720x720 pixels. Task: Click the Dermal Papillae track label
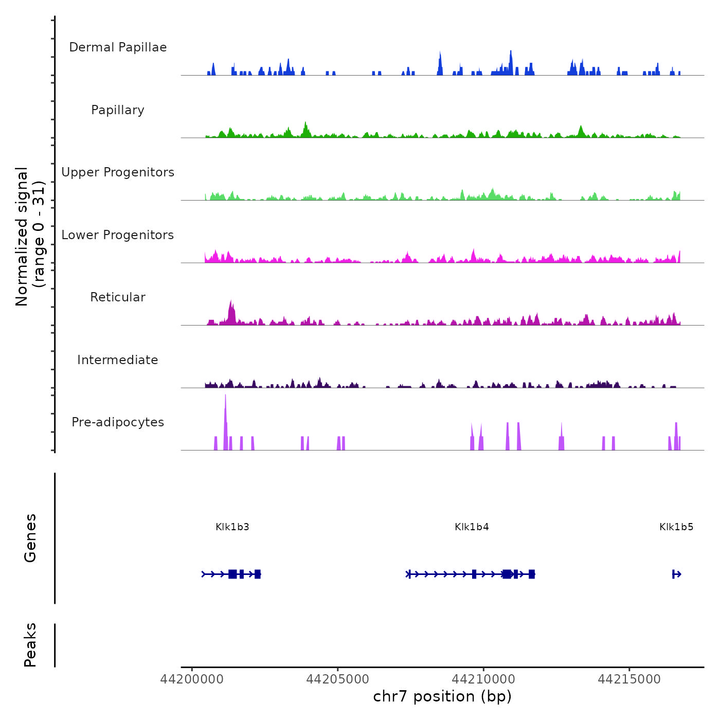click(x=118, y=47)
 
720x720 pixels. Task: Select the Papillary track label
click(x=118, y=110)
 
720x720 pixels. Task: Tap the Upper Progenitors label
click(x=118, y=172)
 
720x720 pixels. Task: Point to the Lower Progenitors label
click(x=118, y=235)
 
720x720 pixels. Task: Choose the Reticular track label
click(x=118, y=297)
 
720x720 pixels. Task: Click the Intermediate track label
click(x=118, y=360)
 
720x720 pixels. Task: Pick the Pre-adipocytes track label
click(x=118, y=422)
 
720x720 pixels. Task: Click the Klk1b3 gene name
click(x=232, y=527)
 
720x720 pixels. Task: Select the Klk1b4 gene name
click(x=472, y=527)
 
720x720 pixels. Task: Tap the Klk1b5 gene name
click(x=676, y=527)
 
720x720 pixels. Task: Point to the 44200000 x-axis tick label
click(x=192, y=679)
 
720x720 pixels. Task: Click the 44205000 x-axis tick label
click(x=337, y=679)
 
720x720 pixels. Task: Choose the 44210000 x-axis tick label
click(x=483, y=679)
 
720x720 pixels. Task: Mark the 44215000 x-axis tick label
click(x=629, y=679)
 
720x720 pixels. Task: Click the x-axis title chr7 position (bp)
click(x=442, y=697)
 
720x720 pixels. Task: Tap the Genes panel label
click(x=30, y=538)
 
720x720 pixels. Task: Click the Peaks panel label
click(x=30, y=645)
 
